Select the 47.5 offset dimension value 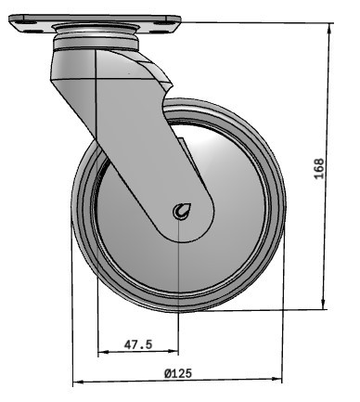click(137, 344)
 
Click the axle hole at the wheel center click(179, 213)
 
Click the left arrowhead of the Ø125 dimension click(77, 381)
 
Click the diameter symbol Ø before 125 click(167, 373)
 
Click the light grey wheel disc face click(232, 232)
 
